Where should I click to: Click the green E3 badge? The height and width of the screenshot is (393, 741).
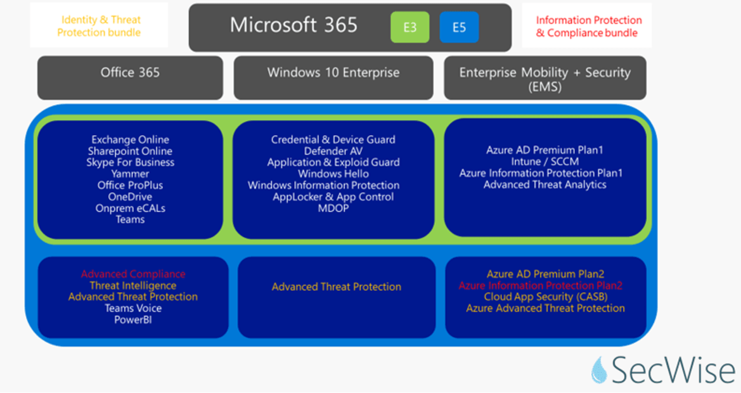tap(409, 27)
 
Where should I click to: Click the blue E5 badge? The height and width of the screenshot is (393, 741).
tap(459, 27)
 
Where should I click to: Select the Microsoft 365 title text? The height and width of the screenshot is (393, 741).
tap(293, 25)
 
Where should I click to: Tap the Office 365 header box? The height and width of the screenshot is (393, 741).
tap(130, 73)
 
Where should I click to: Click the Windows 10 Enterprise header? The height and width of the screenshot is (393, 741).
tap(333, 73)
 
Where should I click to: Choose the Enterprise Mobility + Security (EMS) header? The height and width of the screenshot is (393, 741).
tap(544, 79)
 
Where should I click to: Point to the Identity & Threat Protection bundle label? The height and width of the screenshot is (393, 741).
tap(99, 26)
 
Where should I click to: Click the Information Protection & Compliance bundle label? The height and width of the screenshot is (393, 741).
tap(588, 26)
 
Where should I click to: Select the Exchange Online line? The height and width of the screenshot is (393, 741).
tap(130, 139)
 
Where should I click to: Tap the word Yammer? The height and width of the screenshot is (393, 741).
tap(130, 174)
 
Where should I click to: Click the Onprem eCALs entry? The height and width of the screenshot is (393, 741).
tap(130, 208)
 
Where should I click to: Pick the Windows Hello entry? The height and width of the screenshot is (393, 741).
tap(333, 174)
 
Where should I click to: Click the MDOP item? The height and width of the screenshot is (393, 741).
tap(333, 208)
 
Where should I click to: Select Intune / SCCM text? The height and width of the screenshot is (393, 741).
tap(544, 162)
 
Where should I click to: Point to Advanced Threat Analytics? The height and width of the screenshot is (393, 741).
tap(544, 184)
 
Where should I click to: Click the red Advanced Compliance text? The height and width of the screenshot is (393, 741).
tap(133, 274)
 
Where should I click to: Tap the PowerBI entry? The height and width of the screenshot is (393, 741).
tap(133, 319)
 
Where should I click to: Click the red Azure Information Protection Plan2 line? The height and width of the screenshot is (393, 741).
tap(541, 285)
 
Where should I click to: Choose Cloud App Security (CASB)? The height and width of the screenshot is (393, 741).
tap(545, 297)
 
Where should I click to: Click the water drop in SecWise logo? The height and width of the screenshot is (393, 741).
tap(599, 370)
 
